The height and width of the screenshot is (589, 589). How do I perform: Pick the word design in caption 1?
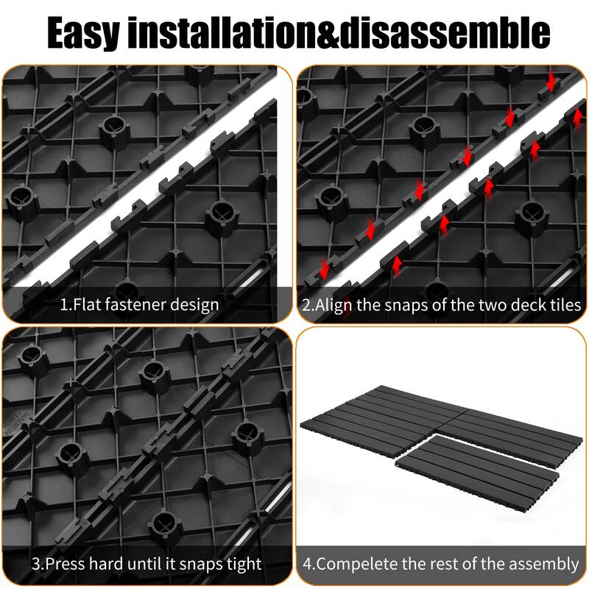[x=196, y=304]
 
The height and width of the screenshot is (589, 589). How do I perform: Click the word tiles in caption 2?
[x=564, y=304]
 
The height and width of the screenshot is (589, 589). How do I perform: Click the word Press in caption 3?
[x=66, y=564]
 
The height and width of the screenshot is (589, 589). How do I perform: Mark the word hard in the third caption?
[x=113, y=564]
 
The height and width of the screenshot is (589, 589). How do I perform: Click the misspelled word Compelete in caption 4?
[x=355, y=564]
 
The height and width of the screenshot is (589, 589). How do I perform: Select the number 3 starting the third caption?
[x=36, y=564]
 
